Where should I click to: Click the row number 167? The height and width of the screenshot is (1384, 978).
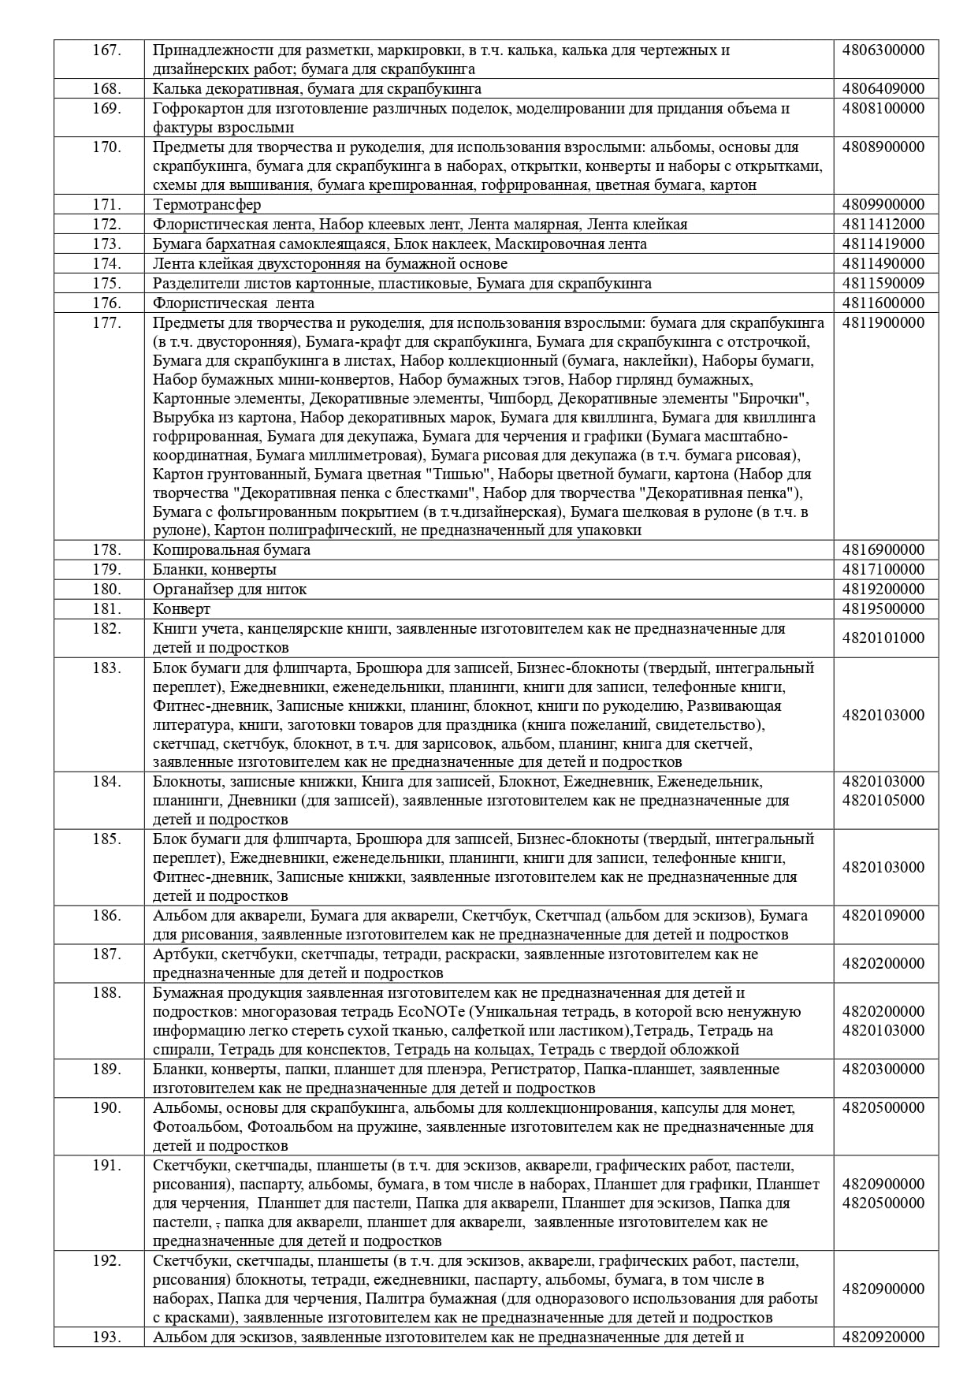[106, 50]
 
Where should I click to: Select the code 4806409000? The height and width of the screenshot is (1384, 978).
[883, 88]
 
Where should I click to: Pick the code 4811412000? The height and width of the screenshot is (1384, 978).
[883, 224]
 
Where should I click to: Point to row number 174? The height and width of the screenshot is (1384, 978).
[106, 263]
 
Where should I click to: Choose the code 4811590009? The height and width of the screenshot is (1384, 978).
[883, 283]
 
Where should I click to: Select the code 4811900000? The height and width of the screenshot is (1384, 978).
[883, 322]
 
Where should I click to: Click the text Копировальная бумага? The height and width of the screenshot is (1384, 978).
[232, 550]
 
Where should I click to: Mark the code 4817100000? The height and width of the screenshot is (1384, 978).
[883, 569]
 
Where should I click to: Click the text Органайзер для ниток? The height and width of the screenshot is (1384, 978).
[230, 589]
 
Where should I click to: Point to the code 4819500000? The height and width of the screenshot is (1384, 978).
[883, 608]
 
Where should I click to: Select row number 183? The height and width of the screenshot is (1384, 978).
[106, 668]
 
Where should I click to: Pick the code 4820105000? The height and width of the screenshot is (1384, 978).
[883, 801]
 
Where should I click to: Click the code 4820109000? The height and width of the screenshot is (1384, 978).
[883, 916]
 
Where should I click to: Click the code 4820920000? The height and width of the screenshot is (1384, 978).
[883, 1337]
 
